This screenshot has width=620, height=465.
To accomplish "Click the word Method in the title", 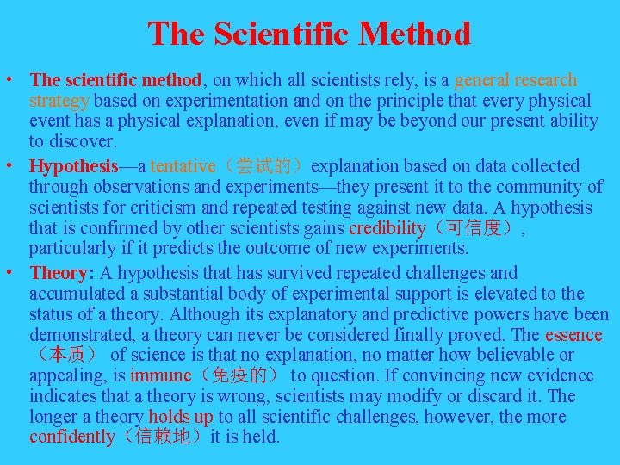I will [x=415, y=34].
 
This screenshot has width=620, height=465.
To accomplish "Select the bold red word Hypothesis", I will [x=73, y=165].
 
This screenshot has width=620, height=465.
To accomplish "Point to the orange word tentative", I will [x=183, y=165].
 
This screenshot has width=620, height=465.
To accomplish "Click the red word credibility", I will [x=387, y=228].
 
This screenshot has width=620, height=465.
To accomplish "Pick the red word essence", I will [x=573, y=334].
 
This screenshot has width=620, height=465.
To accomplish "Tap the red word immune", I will [x=161, y=375].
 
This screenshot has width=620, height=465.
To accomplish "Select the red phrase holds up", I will [x=180, y=417].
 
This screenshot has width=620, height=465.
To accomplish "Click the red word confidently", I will [x=72, y=437].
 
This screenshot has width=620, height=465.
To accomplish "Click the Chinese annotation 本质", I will [x=67, y=355].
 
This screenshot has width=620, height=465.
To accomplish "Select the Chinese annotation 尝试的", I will [x=263, y=165].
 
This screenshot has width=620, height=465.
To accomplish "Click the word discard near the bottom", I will [x=512, y=396].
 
